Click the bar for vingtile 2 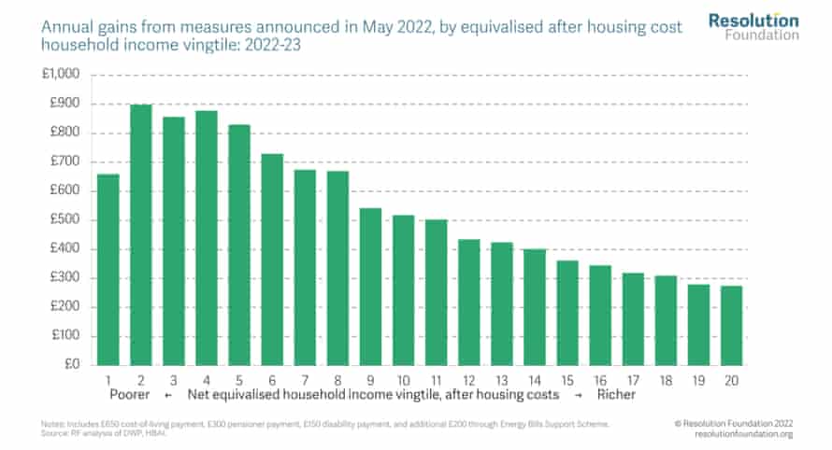tap(140, 234)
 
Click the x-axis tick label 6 tap(272, 381)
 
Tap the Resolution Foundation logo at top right tap(753, 26)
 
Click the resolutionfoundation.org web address tap(744, 434)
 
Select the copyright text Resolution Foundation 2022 tap(737, 423)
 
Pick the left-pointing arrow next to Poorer tap(167, 395)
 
